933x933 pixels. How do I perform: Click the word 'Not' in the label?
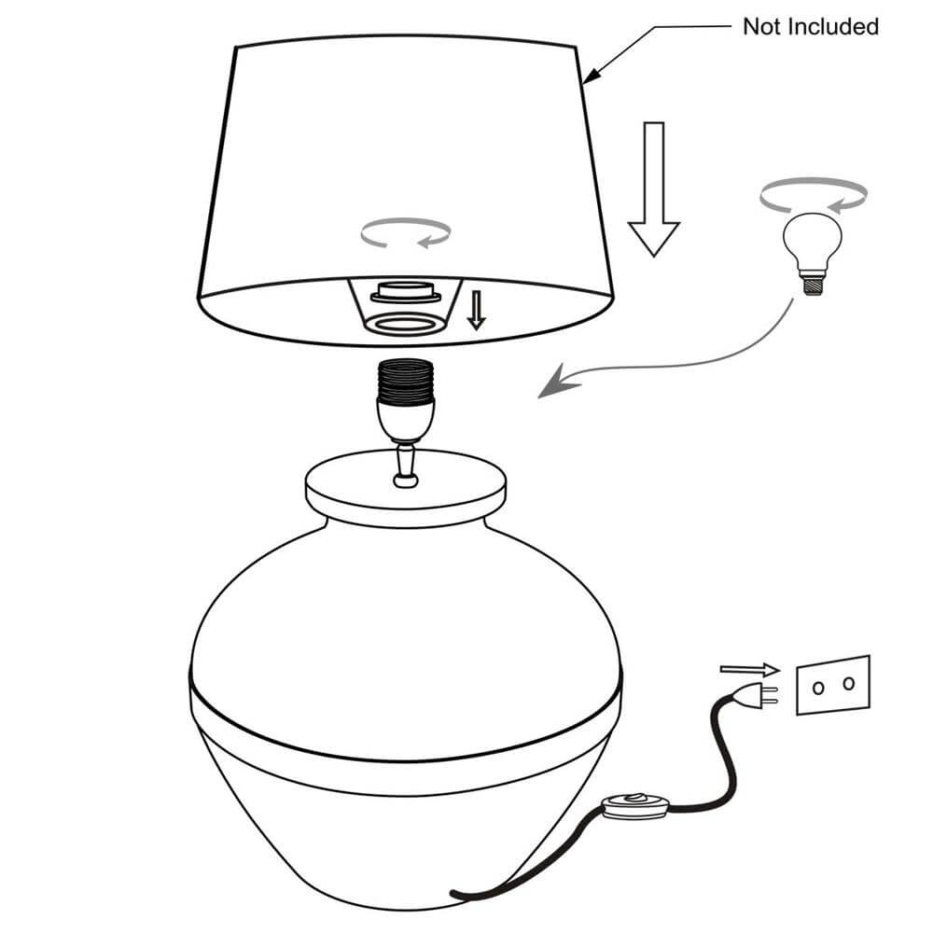click(762, 26)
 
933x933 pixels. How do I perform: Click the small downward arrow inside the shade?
click(477, 311)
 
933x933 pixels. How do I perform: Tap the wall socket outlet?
click(832, 684)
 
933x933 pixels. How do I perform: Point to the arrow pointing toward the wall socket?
click(749, 669)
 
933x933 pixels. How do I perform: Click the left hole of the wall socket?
click(817, 688)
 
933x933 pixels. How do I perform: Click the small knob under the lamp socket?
click(405, 480)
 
